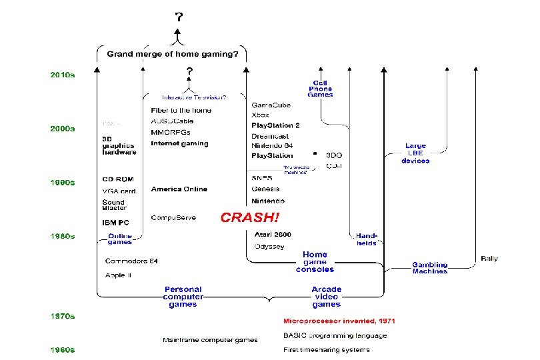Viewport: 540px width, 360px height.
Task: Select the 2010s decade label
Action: [x=63, y=75]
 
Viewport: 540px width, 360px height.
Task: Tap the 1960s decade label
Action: [x=63, y=349]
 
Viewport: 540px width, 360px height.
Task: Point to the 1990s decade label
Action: [x=63, y=182]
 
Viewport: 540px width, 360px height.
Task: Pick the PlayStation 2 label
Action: [x=275, y=125]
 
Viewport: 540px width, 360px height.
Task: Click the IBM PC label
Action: [x=115, y=222]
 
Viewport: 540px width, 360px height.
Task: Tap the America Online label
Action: [x=179, y=189]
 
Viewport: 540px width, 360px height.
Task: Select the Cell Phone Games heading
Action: [x=320, y=89]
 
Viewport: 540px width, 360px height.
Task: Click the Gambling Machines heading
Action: [x=429, y=268]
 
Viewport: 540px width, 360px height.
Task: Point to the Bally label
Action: [x=489, y=258]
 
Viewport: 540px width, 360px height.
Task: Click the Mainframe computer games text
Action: [x=210, y=340]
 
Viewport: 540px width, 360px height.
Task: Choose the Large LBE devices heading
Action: [x=415, y=153]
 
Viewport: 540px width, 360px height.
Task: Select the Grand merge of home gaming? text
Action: [x=172, y=54]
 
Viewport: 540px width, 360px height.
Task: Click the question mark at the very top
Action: [x=178, y=17]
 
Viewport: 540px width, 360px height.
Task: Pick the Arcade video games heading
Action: [x=326, y=297]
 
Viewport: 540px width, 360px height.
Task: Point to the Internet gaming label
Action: [x=179, y=143]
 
